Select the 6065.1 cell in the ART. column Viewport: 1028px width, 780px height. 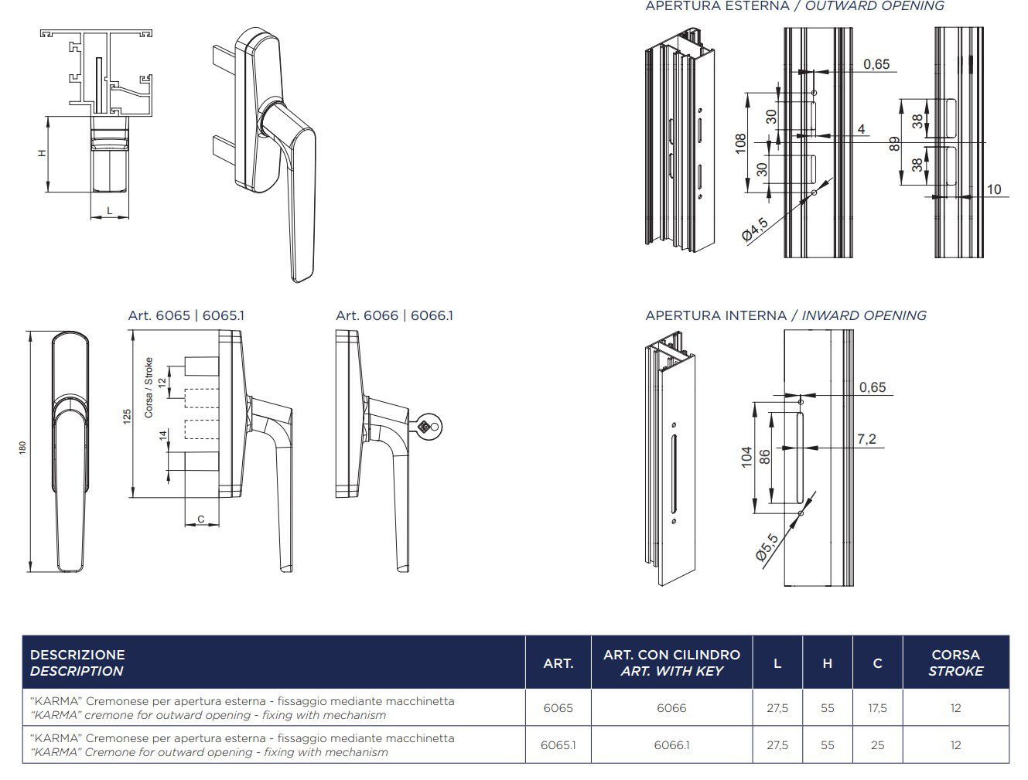[x=558, y=745]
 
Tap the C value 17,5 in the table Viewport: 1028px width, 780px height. [x=877, y=708]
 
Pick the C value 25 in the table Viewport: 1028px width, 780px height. [x=877, y=745]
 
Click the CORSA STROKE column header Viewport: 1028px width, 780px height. [x=955, y=662]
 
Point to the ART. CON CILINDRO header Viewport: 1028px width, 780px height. [x=671, y=662]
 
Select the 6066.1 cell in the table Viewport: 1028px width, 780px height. [x=671, y=745]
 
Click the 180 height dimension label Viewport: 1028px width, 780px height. [x=22, y=448]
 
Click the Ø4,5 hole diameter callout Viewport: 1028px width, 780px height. [x=755, y=230]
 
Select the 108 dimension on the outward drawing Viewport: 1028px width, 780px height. [x=739, y=143]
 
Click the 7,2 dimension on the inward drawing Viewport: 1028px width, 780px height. [x=866, y=439]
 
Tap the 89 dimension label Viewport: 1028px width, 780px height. [x=894, y=144]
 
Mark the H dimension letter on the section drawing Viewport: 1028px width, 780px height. [x=42, y=153]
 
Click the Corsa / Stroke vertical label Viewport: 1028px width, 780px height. [x=149, y=388]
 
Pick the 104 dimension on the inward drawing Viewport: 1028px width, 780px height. [x=746, y=457]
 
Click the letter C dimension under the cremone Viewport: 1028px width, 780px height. [x=201, y=519]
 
